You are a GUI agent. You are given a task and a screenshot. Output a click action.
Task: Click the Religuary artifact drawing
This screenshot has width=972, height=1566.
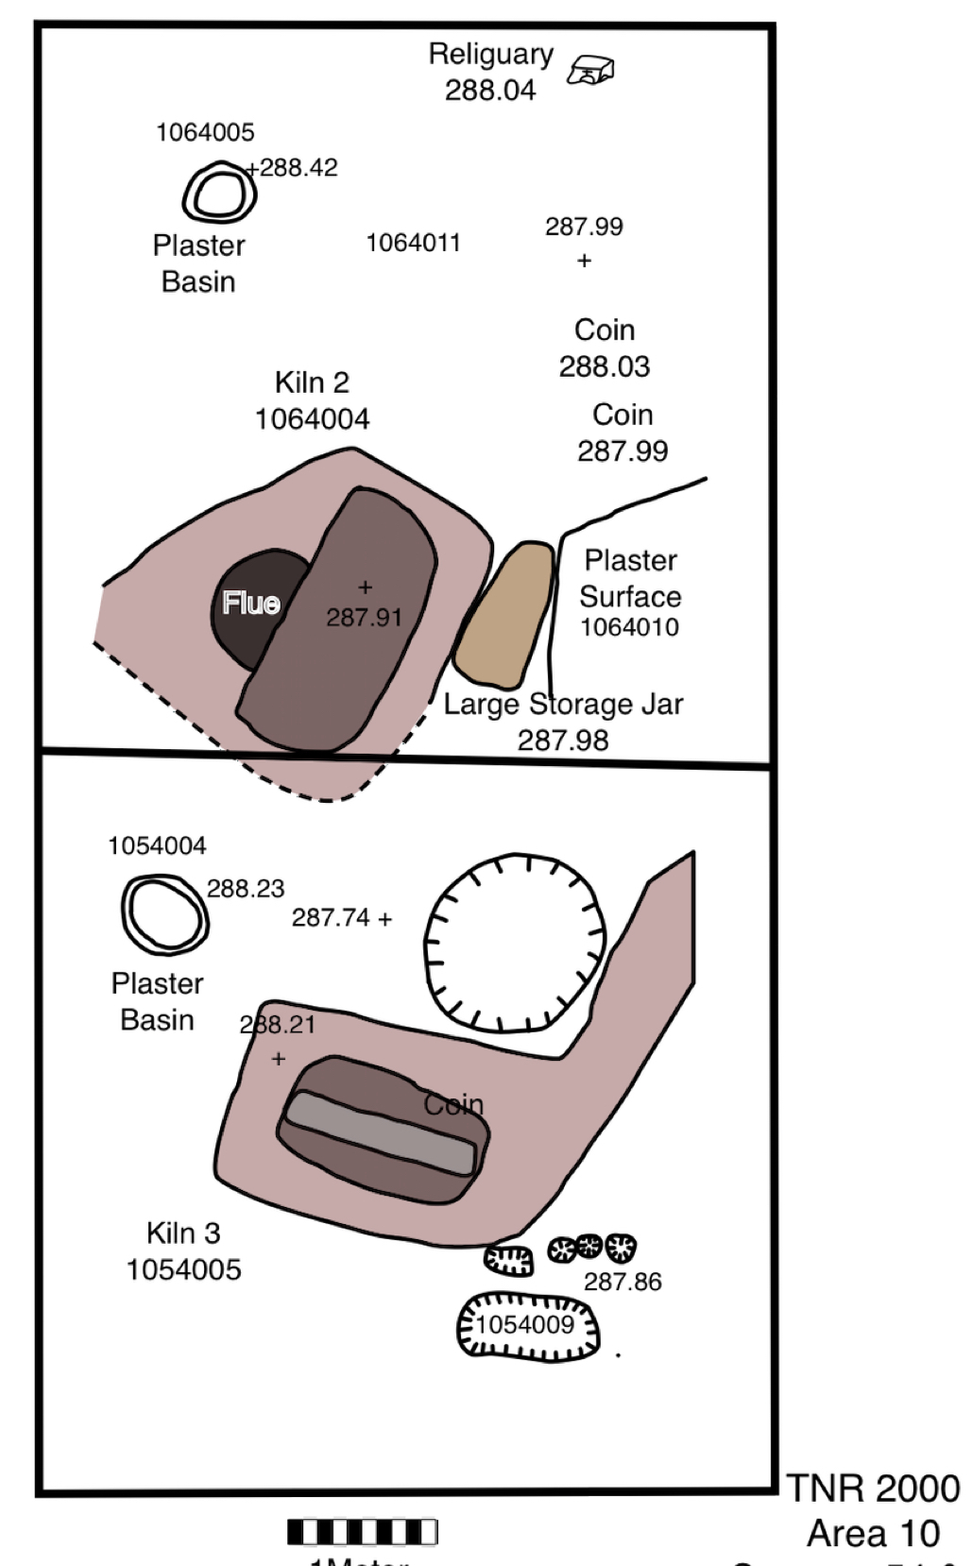point(590,70)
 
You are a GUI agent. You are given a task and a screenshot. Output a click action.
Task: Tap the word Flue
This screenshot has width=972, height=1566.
point(251,603)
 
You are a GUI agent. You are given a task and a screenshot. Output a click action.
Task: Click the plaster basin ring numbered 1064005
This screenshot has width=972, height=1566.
point(219,194)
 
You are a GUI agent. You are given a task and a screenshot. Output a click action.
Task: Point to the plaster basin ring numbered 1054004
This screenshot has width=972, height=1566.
point(165,913)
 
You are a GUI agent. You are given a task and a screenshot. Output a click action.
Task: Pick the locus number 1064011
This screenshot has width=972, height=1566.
point(413,243)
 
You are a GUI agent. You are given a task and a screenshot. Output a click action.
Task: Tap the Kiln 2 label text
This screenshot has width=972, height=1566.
point(312,383)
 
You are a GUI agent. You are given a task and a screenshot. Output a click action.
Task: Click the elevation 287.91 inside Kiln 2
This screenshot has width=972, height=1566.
point(364,617)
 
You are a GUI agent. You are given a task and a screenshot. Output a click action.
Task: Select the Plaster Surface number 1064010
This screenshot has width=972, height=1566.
point(629,627)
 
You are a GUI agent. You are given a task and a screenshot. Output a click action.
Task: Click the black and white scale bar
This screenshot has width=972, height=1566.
point(363,1531)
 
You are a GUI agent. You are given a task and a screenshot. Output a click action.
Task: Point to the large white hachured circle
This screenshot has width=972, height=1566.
point(514,942)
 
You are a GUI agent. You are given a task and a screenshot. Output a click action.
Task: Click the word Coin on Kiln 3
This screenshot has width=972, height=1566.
point(453,1104)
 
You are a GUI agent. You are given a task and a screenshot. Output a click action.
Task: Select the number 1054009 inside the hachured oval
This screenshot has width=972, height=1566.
point(524,1324)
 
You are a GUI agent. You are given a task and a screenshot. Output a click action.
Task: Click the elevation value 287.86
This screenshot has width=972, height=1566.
point(622,1282)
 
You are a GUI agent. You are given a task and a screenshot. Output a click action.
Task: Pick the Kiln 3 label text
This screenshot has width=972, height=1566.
point(183,1234)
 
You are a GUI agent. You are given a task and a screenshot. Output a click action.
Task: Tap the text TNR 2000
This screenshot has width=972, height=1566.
point(873,1489)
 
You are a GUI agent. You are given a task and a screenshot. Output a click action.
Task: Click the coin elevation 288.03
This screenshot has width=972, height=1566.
point(605,366)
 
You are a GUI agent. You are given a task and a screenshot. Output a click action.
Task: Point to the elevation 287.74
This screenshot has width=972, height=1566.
point(331,917)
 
